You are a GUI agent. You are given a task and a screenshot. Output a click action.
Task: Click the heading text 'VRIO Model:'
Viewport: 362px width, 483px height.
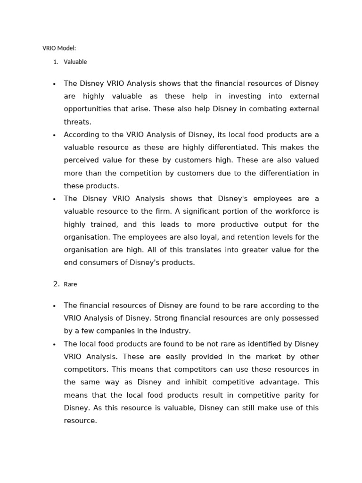[x=59, y=48]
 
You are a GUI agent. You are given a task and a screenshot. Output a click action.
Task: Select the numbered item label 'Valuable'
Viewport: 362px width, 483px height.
[x=75, y=62]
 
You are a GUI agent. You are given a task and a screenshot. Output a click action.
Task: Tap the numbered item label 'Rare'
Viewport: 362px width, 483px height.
[x=70, y=284]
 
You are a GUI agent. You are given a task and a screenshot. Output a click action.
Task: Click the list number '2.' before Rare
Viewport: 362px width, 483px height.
[x=56, y=284]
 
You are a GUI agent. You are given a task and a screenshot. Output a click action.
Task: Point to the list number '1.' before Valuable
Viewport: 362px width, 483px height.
[x=56, y=62]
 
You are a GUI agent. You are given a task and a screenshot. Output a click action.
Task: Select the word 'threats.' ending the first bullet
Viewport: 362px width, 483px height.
[x=78, y=122]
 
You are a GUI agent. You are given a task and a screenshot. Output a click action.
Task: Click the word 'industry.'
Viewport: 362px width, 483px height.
[x=174, y=331]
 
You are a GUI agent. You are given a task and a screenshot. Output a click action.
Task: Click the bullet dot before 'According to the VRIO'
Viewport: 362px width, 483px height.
[x=54, y=135]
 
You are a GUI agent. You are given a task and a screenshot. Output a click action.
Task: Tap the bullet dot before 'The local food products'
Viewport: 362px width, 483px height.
[x=54, y=344]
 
